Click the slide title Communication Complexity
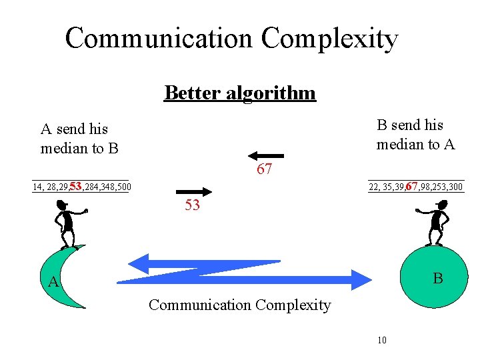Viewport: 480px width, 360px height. tap(231, 39)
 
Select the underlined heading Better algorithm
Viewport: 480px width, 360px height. tap(240, 93)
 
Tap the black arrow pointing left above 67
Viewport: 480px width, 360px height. tap(270, 155)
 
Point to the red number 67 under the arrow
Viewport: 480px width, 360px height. tap(264, 169)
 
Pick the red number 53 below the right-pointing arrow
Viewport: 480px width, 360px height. tap(192, 206)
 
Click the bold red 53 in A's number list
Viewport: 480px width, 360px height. tap(75, 186)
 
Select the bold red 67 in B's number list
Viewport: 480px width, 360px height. tap(412, 186)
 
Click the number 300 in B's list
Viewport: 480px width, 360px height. tap(455, 187)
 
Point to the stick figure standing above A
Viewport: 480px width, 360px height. tap(66, 225)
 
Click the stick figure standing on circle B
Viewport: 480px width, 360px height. tap(436, 225)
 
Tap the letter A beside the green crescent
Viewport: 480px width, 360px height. tap(54, 283)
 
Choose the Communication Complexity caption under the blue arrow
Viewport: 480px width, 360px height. tap(239, 305)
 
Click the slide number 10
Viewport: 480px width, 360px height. tap(382, 341)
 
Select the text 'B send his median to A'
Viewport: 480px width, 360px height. tap(415, 134)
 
